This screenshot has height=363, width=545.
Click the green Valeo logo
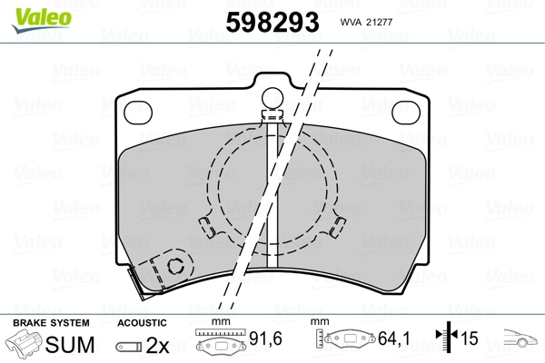42,20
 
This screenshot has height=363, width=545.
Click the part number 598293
272,22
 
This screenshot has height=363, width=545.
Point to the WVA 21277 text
366,22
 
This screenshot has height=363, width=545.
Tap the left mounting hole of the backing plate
138,113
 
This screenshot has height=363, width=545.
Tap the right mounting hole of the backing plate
406,113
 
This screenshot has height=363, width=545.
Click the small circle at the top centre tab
272,98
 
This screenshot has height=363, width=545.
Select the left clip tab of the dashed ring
207,227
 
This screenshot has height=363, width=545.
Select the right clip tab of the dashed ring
338,227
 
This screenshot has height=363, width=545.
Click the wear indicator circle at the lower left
176,267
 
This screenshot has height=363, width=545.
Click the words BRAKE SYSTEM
51,323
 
